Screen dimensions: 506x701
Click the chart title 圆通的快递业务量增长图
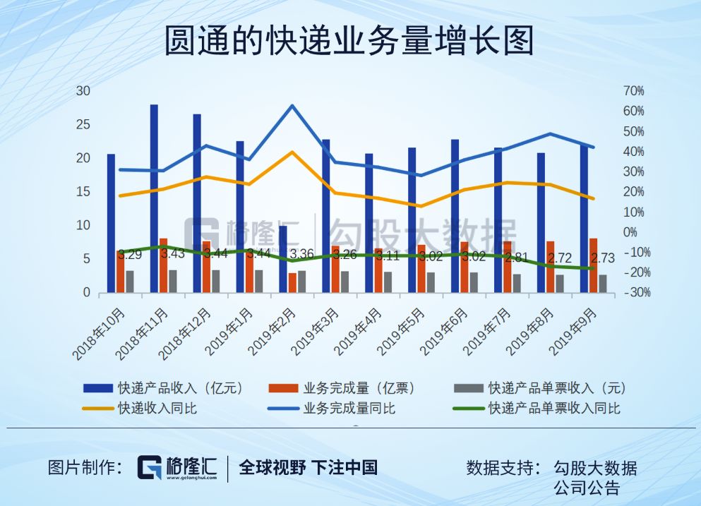point(349,41)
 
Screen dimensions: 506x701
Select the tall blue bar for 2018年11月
point(154,198)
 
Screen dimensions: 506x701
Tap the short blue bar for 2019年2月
point(283,258)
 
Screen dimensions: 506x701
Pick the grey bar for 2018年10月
point(129,281)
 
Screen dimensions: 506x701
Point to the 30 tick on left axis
point(83,91)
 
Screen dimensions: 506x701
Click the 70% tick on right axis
point(634,91)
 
